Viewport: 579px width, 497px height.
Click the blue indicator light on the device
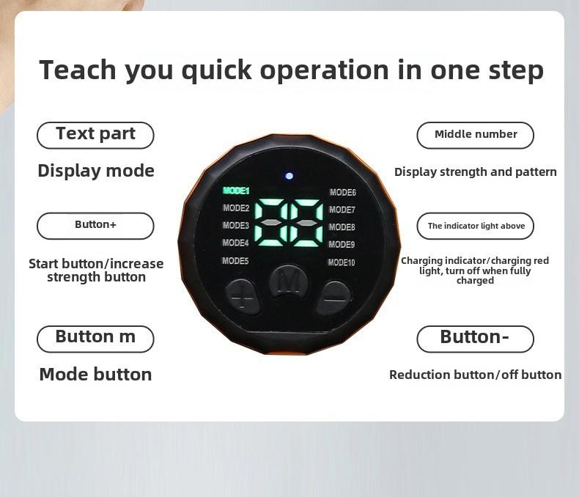tap(289, 176)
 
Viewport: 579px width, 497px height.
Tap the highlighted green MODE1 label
tap(236, 191)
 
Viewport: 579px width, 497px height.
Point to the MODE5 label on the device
tap(235, 261)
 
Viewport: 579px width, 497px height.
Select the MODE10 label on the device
tap(342, 262)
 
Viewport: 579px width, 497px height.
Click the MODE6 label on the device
tap(343, 192)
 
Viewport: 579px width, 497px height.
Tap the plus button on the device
tap(243, 297)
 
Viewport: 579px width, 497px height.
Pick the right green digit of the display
tap(306, 223)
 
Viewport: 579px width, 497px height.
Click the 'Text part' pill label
tap(95, 135)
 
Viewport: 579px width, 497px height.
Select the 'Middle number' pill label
tap(475, 135)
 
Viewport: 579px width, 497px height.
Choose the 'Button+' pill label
tap(95, 226)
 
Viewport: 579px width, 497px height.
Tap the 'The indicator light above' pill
tap(475, 226)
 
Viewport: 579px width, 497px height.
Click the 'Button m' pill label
tap(95, 339)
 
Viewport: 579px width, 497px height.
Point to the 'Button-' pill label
tap(475, 339)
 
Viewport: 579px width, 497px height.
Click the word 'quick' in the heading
tap(217, 70)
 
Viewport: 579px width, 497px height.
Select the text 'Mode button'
tap(95, 374)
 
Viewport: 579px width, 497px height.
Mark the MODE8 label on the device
tap(342, 227)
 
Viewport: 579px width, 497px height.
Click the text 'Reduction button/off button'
tap(475, 375)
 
